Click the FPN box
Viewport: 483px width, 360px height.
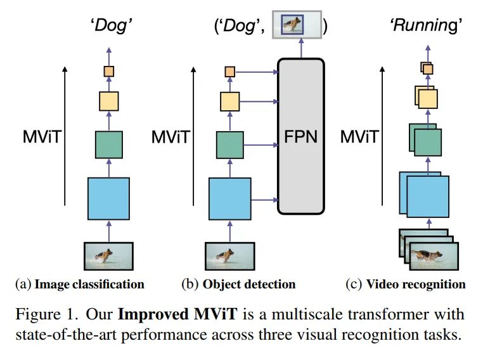[301, 136]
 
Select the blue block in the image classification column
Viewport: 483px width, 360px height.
[108, 199]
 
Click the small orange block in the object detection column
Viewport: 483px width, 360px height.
[229, 72]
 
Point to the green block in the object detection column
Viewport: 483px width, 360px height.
[229, 144]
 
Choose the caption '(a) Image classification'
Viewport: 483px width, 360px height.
[80, 284]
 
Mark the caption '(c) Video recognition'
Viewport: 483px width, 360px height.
[406, 284]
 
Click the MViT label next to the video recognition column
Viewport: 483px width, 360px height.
[360, 136]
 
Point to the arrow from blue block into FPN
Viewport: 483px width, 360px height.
[265, 200]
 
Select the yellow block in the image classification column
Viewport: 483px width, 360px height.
[108, 100]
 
